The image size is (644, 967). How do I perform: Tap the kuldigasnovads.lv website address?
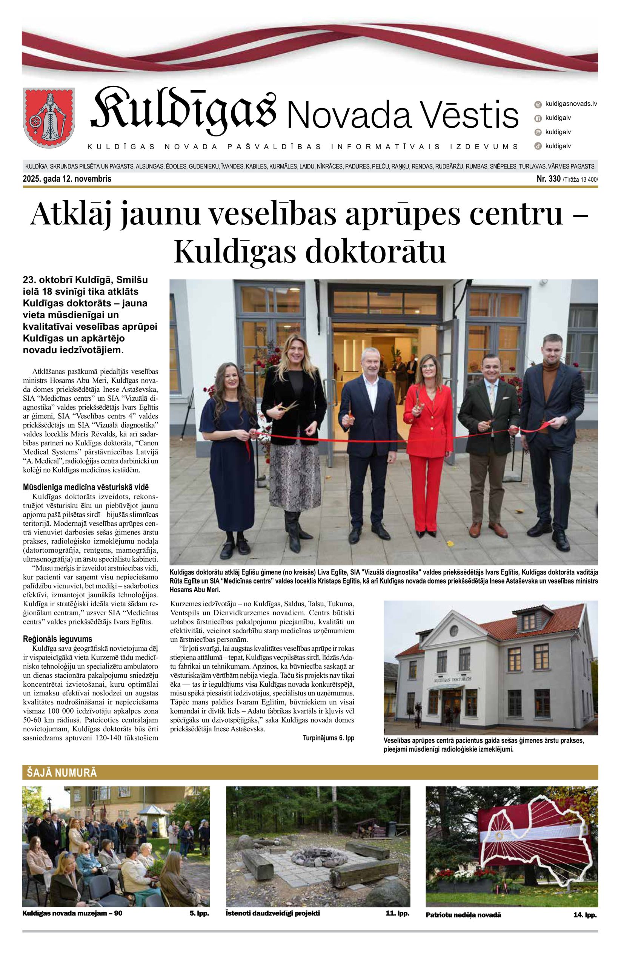570,103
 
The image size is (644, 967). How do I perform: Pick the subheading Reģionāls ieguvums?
57,639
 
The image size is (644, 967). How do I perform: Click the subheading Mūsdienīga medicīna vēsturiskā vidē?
86,487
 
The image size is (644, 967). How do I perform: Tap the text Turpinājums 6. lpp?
328,738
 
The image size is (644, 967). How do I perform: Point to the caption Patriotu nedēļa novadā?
463,915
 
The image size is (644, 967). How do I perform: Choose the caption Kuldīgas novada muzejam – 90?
72,913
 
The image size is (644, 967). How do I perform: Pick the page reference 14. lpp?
585,915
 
